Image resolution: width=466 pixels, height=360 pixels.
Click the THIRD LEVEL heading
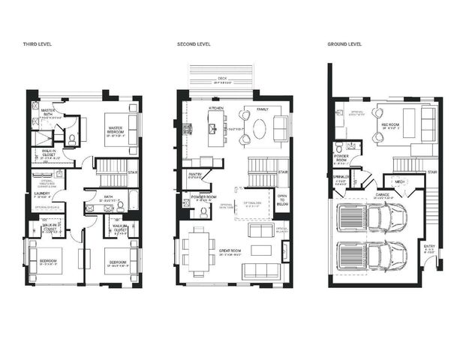pos(38,45)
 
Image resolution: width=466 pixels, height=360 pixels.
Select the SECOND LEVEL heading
pos(194,45)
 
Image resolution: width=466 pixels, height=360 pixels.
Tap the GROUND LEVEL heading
pos(344,45)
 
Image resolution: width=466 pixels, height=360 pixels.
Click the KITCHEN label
pos(216,109)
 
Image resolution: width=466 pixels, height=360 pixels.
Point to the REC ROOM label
pos(389,124)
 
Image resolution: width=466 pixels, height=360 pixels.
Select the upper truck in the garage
pos(373,217)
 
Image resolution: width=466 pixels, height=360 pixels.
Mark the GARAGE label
pos(382,194)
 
